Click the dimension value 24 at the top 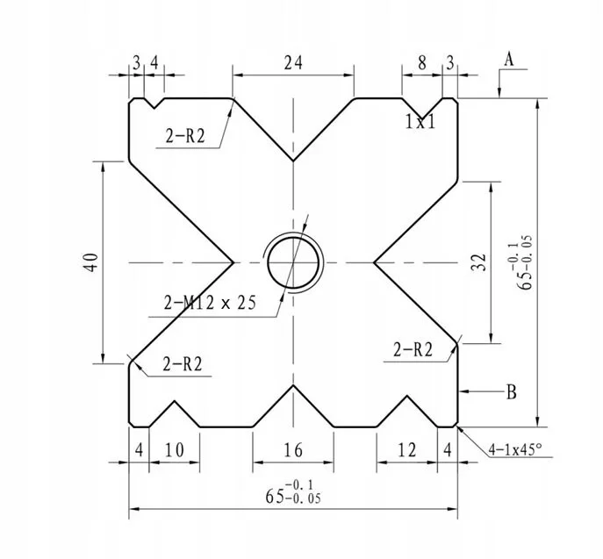[293, 62]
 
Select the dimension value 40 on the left [90, 262]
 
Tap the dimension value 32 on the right [478, 262]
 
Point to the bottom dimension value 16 [293, 450]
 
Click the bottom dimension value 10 [174, 450]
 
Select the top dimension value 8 [422, 62]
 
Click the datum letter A [508, 59]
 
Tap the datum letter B [511, 391]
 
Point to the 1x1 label [420, 122]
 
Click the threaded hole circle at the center [295, 262]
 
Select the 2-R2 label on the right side [413, 349]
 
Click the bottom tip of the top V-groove [293, 161]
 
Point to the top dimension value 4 [154, 62]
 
